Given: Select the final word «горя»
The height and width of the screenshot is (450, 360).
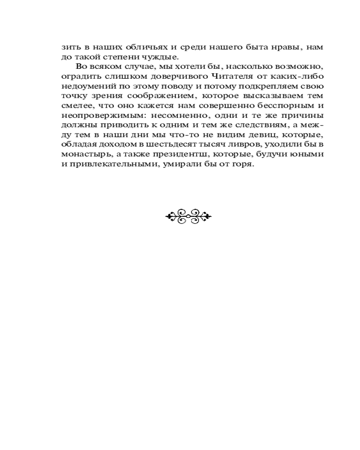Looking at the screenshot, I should pyautogui.click(x=244, y=165).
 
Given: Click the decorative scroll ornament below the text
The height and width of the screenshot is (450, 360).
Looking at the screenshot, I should pyautogui.click(x=188, y=216).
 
